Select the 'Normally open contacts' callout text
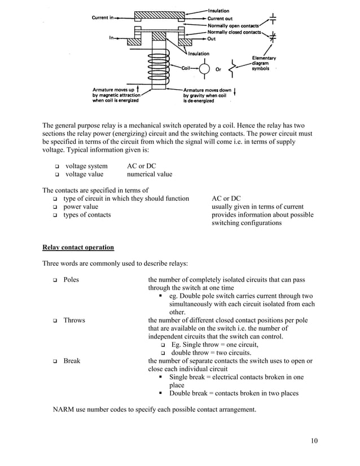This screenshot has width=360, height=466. tap(234, 25)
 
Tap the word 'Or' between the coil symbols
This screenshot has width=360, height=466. tap(218, 71)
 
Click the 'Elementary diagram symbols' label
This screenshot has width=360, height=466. tap(264, 63)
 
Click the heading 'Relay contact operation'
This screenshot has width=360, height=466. tap(78, 247)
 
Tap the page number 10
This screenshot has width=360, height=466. tap(314, 441)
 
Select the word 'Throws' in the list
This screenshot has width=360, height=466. tap(74, 320)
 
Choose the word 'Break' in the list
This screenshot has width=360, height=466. tap(72, 361)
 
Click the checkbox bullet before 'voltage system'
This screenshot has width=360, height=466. tap(58, 166)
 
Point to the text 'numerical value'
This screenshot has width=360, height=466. tap(150, 174)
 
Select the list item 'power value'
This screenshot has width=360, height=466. tap(81, 207)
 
